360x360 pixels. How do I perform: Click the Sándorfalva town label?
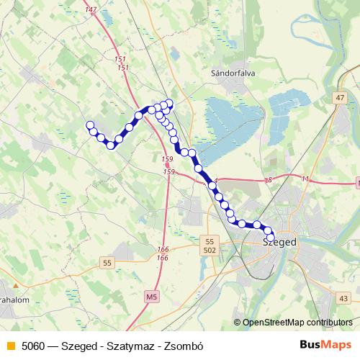[229, 73]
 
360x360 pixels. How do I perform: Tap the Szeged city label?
[279, 243]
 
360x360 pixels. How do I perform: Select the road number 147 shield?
[90, 9]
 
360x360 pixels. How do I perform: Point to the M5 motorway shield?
[150, 296]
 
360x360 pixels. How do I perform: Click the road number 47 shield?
[340, 97]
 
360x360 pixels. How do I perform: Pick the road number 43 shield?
[343, 298]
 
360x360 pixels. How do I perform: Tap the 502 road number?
[210, 250]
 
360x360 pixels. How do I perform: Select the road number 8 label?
[268, 179]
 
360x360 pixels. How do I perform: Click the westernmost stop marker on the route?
[91, 125]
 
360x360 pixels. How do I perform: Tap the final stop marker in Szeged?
[271, 238]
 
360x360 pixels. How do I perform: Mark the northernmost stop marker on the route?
[170, 103]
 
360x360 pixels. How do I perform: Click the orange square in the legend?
[10, 345]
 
